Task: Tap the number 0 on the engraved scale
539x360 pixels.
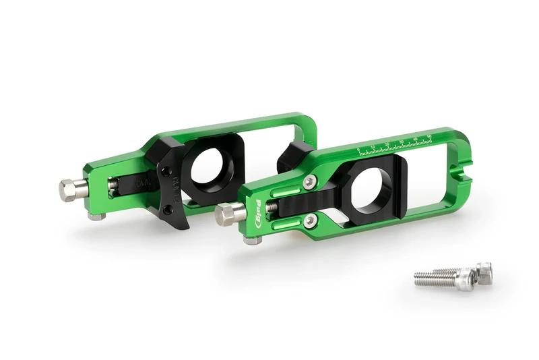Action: click(358, 148)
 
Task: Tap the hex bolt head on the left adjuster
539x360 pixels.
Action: click(67, 189)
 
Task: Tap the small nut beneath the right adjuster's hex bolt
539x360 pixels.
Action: click(253, 239)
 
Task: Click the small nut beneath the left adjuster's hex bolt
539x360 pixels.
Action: click(96, 216)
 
